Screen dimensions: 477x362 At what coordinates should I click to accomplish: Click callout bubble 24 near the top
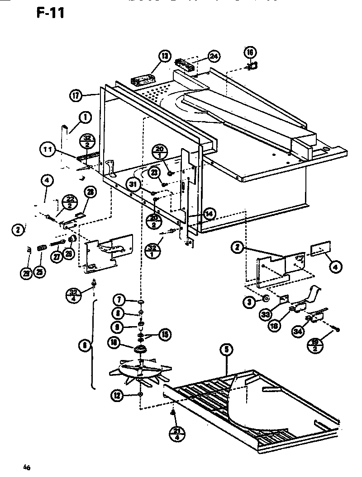[x=214, y=56]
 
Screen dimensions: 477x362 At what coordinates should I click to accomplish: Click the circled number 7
[x=119, y=299]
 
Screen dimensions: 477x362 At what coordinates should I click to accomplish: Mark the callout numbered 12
[x=118, y=396]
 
